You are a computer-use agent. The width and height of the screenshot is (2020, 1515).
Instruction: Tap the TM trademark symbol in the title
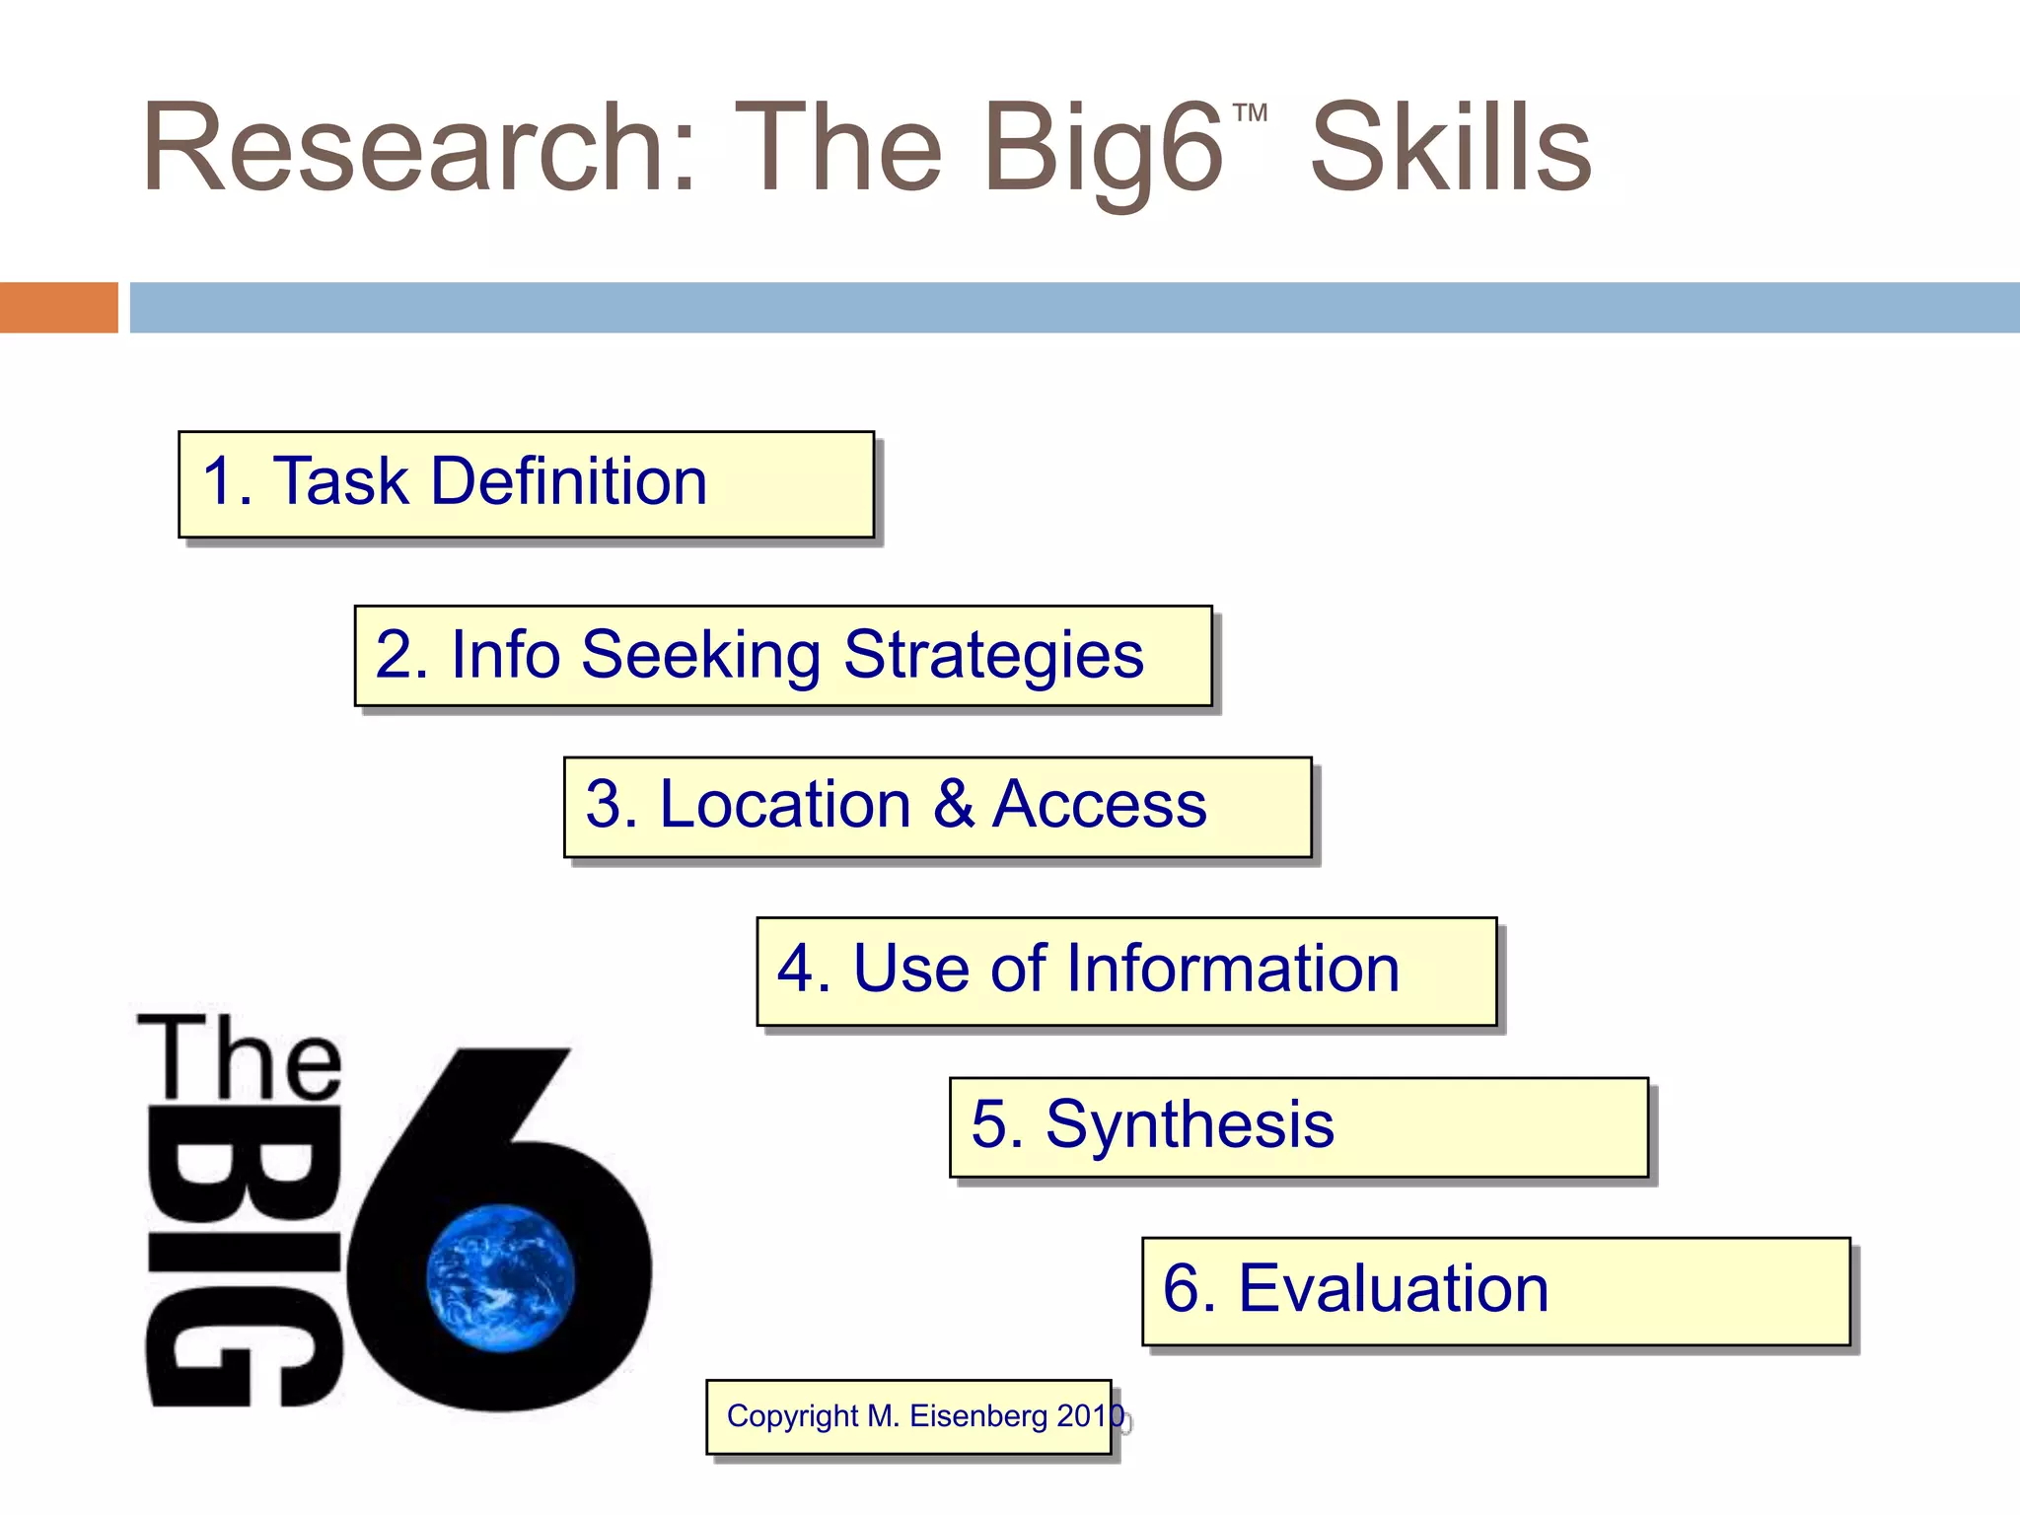point(1250,112)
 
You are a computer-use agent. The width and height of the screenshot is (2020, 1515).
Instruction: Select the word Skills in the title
point(1450,148)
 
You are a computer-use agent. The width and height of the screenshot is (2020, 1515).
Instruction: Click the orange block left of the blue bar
point(58,307)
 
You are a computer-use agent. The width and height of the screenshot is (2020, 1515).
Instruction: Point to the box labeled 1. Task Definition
point(526,484)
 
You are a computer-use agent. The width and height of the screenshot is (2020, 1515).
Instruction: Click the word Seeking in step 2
point(700,656)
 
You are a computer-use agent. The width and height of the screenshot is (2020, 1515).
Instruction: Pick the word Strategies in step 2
point(993,656)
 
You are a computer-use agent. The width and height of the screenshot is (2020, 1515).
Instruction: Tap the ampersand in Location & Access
point(953,804)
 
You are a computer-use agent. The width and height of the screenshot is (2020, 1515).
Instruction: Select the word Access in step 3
point(1099,805)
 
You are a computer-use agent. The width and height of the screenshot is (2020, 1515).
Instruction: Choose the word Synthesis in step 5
point(1190,1124)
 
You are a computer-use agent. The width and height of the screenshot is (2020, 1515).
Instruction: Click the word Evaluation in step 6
point(1393,1288)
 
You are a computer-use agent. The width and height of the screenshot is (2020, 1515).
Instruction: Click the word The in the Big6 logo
point(240,1059)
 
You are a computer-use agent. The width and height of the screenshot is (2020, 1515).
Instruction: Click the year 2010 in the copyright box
point(1090,1416)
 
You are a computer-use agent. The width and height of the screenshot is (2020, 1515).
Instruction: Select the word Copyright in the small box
point(793,1416)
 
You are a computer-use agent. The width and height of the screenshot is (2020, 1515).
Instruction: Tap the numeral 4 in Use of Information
point(796,969)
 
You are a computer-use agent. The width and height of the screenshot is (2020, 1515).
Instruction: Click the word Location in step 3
point(784,805)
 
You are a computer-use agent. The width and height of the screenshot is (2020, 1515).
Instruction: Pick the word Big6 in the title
point(1103,148)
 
